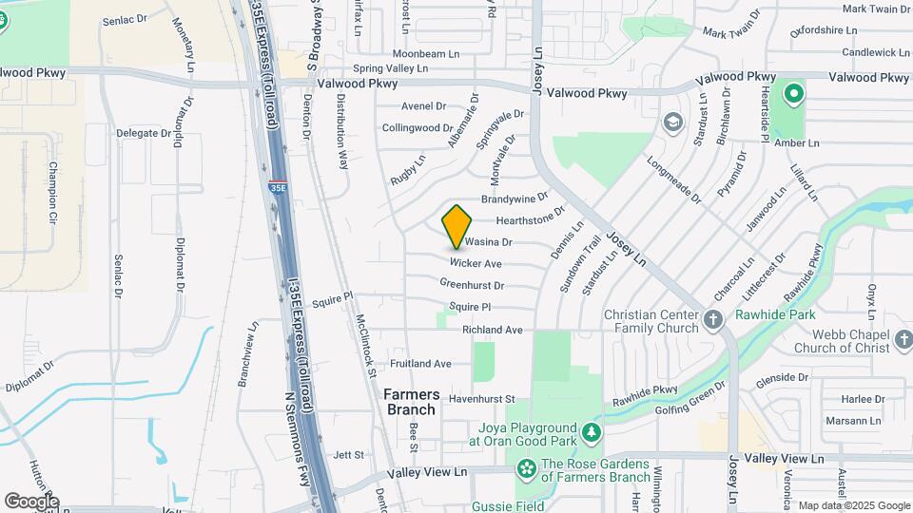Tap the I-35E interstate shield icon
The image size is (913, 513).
(278, 187)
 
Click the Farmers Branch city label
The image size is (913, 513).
(411, 402)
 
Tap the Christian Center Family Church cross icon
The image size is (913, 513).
(714, 320)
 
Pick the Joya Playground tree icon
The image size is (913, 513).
(592, 433)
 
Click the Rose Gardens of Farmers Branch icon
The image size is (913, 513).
(525, 468)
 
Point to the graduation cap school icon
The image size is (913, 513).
(673, 122)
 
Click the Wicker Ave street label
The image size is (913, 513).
(476, 263)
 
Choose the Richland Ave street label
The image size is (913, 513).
(493, 330)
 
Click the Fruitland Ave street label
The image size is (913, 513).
(420, 364)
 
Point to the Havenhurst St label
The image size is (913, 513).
(481, 399)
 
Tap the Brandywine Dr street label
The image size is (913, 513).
(515, 199)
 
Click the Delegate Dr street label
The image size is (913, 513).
(144, 133)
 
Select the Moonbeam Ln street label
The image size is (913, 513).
(419, 54)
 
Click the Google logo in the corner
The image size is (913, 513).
(30, 501)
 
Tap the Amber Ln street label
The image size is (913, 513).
(797, 143)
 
